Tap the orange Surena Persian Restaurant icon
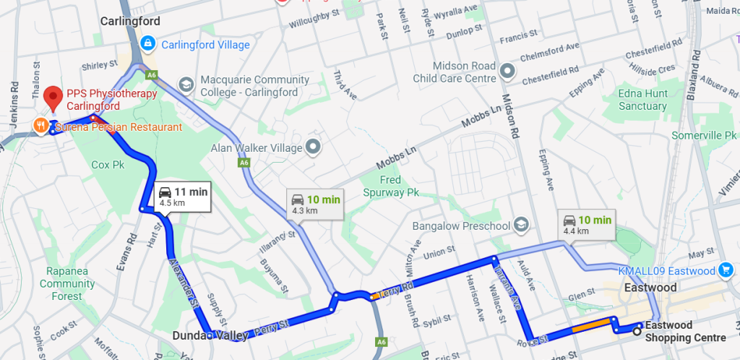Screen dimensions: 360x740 tap(40, 127)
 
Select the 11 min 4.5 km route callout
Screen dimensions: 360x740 tap(182, 196)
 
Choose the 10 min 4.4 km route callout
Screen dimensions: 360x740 tap(588, 224)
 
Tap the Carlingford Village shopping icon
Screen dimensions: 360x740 tap(148, 44)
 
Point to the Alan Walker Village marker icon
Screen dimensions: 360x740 tap(313, 147)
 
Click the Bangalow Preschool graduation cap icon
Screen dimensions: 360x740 tap(522, 226)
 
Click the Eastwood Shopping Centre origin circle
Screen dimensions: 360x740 tap(637, 331)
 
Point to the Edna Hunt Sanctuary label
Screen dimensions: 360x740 tap(642, 100)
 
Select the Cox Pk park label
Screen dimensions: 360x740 tap(108, 164)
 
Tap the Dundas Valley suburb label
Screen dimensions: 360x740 tap(210, 335)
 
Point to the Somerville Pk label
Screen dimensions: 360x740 tap(703, 135)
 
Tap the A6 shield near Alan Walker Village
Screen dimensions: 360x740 tap(244, 164)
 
